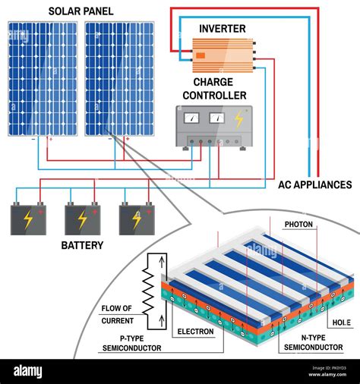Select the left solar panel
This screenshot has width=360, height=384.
tap(43, 78)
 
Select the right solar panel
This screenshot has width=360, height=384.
tap(119, 78)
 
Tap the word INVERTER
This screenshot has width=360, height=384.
tap(222, 29)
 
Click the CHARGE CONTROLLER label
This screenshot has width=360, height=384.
tap(219, 89)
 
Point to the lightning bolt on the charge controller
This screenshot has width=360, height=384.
tap(238, 118)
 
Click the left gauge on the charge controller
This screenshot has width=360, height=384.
tap(191, 118)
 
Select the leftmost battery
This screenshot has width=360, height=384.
tap(27, 219)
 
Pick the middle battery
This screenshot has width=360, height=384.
tap(82, 219)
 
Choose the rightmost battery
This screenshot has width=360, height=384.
tap(137, 219)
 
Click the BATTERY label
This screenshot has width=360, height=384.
tap(82, 246)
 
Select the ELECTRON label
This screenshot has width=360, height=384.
tap(195, 332)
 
